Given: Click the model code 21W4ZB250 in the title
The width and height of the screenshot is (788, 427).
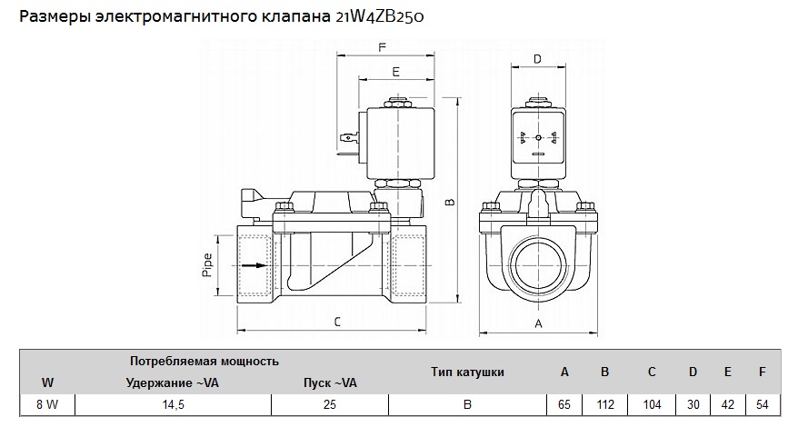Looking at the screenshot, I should [386, 17].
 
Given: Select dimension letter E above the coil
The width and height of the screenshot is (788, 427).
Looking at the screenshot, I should [395, 70].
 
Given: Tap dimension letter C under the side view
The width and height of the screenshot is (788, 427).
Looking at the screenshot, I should [336, 322].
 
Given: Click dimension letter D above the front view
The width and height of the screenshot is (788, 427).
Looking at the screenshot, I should [537, 59].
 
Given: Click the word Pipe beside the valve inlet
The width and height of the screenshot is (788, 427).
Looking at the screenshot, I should [206, 263].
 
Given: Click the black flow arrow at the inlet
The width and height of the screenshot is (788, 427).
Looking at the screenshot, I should [258, 266].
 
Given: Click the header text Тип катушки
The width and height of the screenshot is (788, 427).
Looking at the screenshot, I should [467, 372].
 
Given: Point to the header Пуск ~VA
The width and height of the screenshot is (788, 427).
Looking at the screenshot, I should [330, 382].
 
